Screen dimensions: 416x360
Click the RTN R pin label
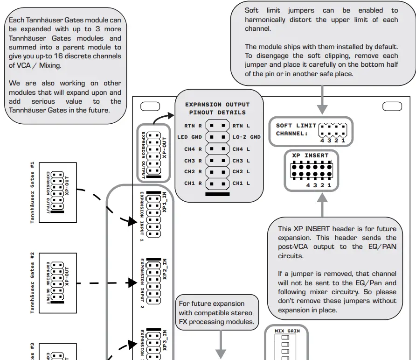193,126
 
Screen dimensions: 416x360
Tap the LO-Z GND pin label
246,137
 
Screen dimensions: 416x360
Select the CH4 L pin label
241,149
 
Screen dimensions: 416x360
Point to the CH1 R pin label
193,184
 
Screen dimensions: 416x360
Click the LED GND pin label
190,137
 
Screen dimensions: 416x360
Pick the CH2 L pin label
241,172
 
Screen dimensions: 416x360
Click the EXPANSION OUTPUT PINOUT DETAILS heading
217,108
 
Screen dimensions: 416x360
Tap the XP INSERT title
310,155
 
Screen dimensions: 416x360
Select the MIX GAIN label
287,331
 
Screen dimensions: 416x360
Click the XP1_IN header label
165,202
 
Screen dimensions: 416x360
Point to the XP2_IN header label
165,269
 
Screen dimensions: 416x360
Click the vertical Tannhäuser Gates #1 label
32,193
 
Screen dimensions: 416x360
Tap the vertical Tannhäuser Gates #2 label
32,283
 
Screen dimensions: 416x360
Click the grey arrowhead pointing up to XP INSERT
322,198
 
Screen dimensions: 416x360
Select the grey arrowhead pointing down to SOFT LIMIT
322,109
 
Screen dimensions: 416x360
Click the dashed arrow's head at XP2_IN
132,282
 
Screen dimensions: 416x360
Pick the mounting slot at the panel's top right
392,106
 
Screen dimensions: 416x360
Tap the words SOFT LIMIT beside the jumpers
296,126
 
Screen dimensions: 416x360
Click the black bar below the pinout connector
217,194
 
